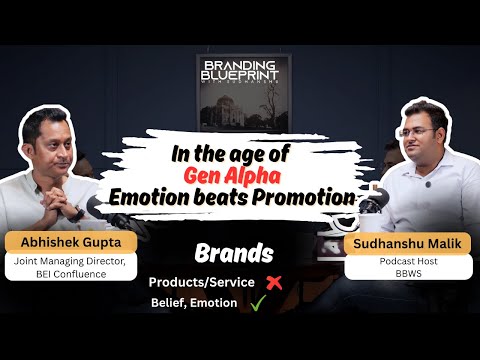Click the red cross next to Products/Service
(x=273, y=282)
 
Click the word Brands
(x=240, y=254)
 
